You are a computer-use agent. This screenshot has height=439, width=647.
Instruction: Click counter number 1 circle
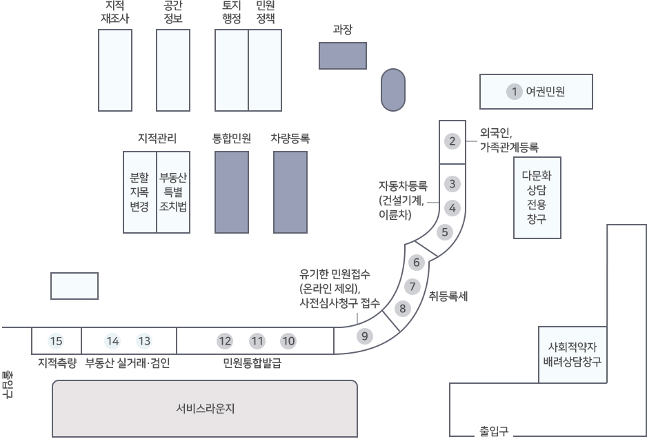point(514,92)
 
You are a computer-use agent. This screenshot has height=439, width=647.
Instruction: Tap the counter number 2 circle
point(452,141)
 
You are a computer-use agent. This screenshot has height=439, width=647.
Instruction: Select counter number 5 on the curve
point(444,232)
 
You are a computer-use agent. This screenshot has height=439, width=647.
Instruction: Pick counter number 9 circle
point(364,336)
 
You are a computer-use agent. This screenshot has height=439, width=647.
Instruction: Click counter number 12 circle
point(225,341)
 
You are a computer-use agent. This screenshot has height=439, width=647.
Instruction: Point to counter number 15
point(56,341)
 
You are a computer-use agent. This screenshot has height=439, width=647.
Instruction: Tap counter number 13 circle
point(144,341)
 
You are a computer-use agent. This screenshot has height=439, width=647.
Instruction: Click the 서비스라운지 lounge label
point(205,409)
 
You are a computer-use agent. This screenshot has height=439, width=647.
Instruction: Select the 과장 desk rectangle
point(343,56)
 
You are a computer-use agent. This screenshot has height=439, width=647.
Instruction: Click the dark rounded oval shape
point(393,90)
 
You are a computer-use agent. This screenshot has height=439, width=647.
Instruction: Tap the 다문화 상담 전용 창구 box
point(537,198)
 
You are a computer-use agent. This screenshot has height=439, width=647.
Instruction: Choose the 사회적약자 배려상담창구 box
point(573,354)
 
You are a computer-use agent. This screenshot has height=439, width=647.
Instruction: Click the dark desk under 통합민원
point(232,192)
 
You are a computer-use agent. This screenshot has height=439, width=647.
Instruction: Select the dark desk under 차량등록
point(290,192)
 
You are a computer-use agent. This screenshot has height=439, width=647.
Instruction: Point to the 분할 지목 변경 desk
point(140,192)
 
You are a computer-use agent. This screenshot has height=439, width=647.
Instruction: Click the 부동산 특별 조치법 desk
point(173,192)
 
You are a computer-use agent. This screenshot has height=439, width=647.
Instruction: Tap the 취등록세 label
point(448,296)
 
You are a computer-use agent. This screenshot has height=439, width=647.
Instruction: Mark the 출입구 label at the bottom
point(493,431)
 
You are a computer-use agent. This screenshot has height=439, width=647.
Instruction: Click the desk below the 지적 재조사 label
point(115,70)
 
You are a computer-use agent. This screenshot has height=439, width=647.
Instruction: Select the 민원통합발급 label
point(252,363)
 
